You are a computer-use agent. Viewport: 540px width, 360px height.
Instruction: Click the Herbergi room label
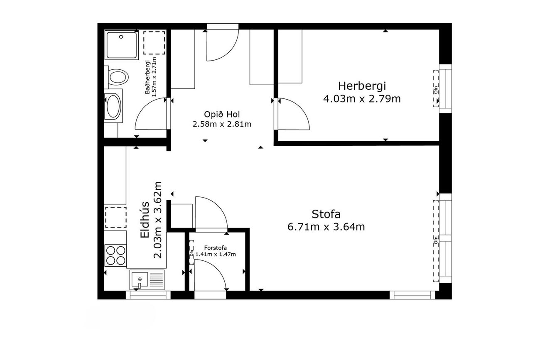362,86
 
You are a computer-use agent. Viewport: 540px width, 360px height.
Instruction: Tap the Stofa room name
326,214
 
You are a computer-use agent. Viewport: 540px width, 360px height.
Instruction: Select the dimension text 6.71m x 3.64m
326,227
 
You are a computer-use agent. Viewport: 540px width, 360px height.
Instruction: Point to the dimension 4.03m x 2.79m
362,99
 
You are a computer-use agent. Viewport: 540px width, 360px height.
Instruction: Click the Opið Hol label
222,114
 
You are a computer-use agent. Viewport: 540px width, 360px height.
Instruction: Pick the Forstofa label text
215,248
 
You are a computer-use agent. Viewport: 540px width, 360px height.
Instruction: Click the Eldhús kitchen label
145,220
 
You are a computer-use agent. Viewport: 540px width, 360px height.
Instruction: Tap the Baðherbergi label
147,77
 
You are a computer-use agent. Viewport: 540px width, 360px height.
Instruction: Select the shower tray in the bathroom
122,45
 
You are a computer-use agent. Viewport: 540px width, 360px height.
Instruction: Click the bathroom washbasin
113,106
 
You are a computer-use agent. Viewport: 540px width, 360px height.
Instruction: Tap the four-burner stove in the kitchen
115,255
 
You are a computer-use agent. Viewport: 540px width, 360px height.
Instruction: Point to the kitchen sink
147,280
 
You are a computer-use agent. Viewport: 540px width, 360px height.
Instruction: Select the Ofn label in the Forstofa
191,253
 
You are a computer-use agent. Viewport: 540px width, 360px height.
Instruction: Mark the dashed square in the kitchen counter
116,217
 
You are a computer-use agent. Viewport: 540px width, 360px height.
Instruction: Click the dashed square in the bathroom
154,43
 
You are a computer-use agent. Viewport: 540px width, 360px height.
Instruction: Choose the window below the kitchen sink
148,295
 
